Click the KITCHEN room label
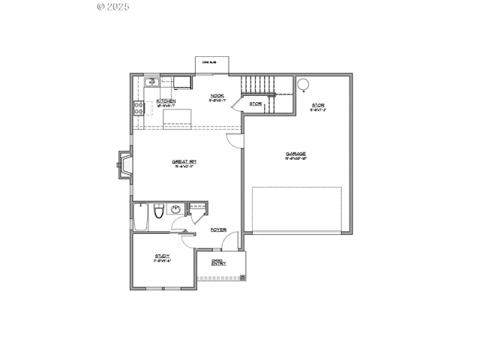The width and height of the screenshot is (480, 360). click(x=166, y=100)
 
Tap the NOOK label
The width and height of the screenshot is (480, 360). click(x=217, y=95)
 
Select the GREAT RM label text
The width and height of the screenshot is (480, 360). click(x=184, y=161)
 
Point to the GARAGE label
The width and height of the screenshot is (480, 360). click(x=295, y=154)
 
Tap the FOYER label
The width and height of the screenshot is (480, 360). click(x=218, y=229)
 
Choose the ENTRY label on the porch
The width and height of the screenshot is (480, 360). click(x=219, y=263)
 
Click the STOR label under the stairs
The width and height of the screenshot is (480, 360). click(x=256, y=103)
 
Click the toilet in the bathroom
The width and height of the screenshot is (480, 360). click(x=157, y=213)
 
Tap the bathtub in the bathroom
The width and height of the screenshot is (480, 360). click(x=140, y=216)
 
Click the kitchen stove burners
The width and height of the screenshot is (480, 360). click(x=139, y=107)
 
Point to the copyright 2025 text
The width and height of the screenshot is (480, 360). click(x=114, y=7)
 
